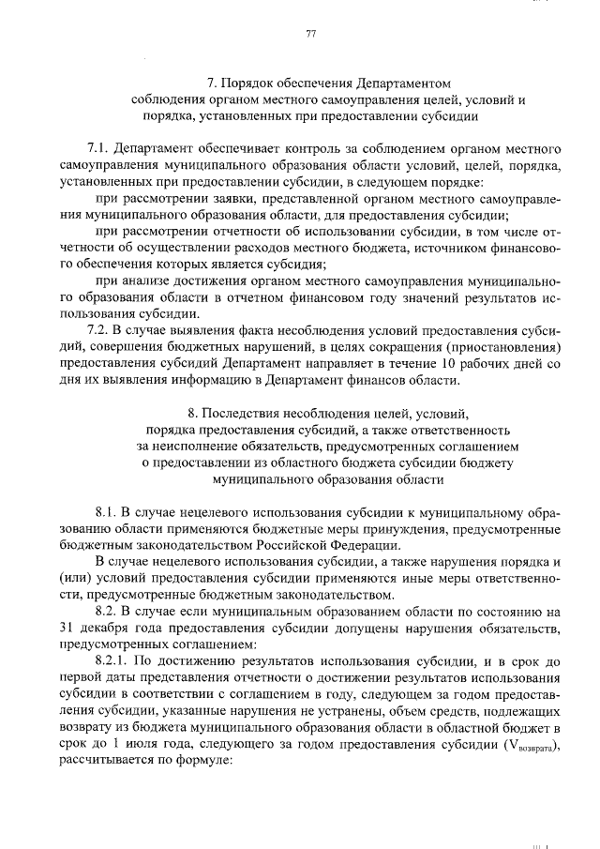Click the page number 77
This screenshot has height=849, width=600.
(310, 35)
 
